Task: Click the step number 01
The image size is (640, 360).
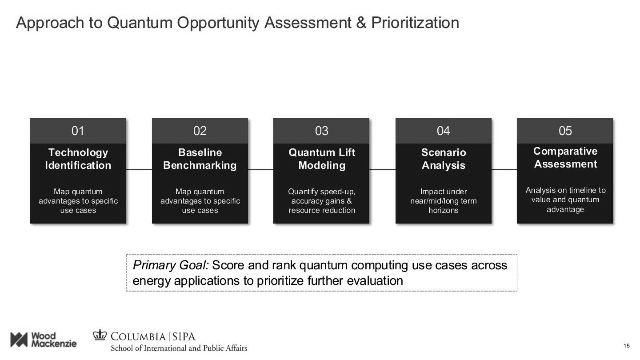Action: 78,131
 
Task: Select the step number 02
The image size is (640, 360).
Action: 200,131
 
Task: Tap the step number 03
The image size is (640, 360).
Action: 321,131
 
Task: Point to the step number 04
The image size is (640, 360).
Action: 443,131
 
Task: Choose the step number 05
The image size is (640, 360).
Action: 565,131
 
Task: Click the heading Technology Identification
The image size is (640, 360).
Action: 78,159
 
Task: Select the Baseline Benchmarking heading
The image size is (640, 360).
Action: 200,159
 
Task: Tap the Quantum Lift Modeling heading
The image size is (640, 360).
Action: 321,159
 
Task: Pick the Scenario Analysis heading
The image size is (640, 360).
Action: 443,159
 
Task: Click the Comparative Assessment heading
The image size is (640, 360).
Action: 565,157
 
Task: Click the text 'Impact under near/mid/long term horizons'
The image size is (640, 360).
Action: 443,201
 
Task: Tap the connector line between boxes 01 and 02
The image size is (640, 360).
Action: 139,170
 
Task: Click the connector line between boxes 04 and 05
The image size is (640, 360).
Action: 504,170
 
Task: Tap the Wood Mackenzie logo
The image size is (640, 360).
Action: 43,340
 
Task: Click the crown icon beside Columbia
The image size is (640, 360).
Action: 100,335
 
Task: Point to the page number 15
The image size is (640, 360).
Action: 627,346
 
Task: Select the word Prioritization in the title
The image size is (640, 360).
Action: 415,23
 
